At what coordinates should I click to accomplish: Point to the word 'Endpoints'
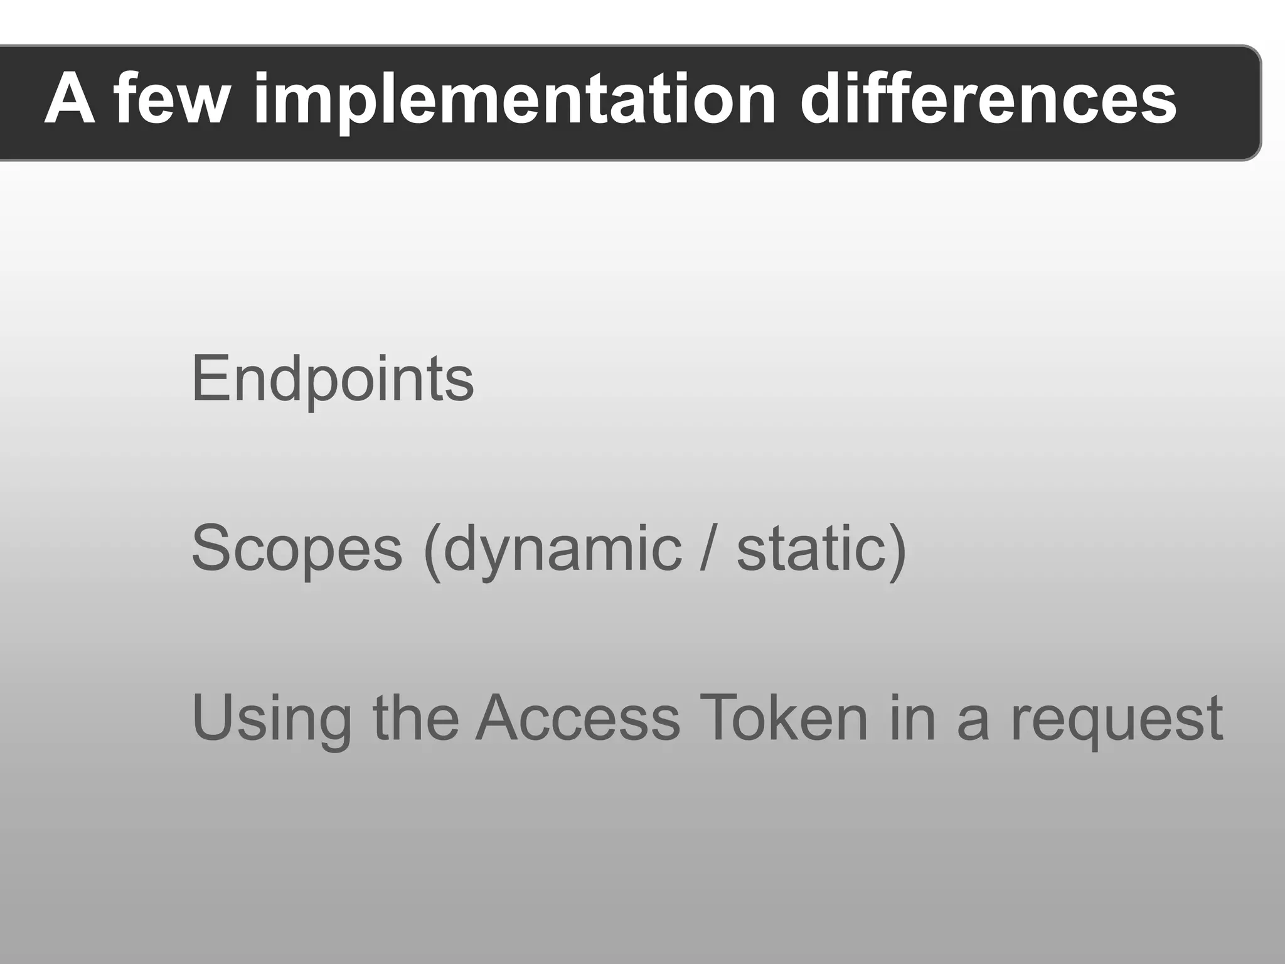[333, 379]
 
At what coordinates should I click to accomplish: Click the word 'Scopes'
[296, 549]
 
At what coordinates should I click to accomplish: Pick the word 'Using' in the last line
[271, 718]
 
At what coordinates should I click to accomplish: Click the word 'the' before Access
[415, 718]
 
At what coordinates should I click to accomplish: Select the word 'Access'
[577, 718]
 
